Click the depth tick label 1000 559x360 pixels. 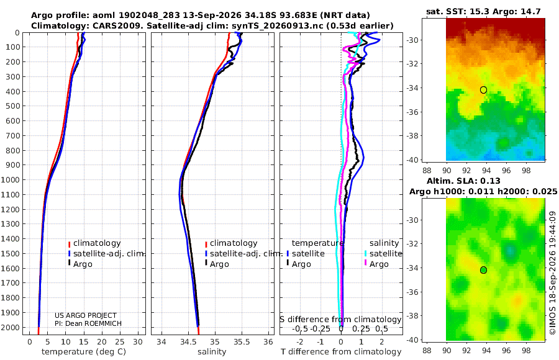(11, 179)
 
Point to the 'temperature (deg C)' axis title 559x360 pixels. (84, 352)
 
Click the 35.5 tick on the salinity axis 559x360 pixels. (242, 342)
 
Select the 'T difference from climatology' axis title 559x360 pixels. (341, 352)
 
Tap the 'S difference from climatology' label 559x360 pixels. (340, 320)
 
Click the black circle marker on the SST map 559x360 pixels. (483, 90)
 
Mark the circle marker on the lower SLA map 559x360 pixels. (483, 270)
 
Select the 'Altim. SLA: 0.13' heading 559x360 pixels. (463, 181)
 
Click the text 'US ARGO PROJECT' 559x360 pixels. (86, 315)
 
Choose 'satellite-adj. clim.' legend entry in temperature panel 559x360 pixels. (106, 254)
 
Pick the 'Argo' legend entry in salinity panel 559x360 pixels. (216, 264)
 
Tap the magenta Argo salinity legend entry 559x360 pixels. (376, 264)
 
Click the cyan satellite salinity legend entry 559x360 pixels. (383, 254)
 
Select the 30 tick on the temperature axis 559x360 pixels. (138, 342)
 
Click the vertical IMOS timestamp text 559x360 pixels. (553, 273)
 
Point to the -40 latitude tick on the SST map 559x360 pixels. (412, 160)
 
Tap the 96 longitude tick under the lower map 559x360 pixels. (506, 350)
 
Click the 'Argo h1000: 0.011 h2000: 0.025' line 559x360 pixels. (483, 192)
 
